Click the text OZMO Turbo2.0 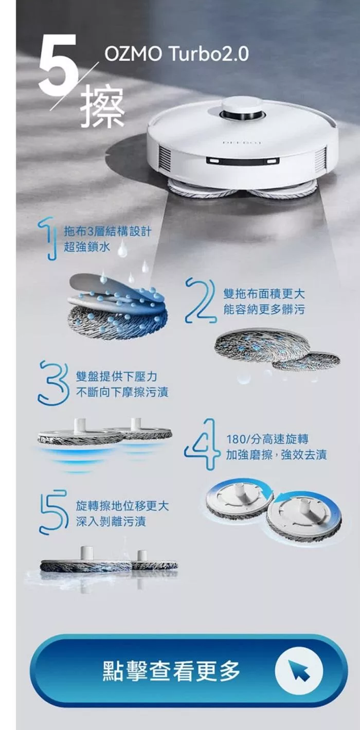(176, 54)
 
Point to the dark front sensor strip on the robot (243, 161)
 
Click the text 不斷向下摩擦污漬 (122, 393)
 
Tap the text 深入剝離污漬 (111, 522)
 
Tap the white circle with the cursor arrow (298, 671)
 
